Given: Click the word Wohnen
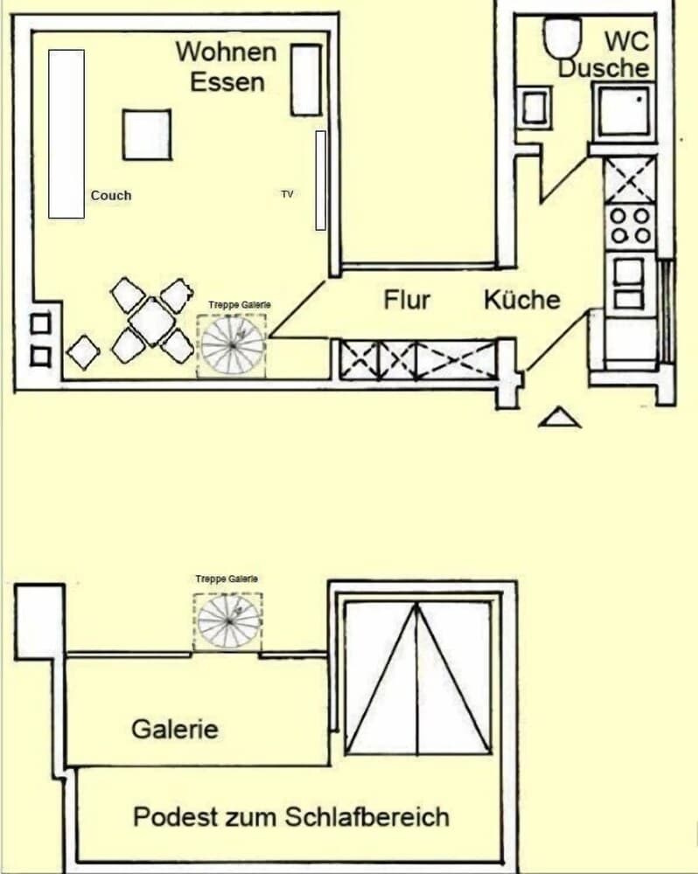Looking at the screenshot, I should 226,51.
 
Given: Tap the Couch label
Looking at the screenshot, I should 111,195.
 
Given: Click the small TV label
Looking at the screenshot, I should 287,193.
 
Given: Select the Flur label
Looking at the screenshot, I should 407,300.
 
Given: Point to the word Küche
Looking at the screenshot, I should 522,300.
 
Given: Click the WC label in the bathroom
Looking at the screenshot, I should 627,40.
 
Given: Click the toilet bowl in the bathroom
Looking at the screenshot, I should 562,37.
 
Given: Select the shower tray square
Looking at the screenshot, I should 624,111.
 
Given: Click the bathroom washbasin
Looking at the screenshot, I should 534,107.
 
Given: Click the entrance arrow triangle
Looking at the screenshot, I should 560,419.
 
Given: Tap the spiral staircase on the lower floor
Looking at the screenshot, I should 232,344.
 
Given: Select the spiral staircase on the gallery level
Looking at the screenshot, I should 228,621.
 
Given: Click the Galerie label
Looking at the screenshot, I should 174,728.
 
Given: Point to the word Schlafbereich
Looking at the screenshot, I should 366,817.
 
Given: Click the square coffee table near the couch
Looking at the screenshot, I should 146,135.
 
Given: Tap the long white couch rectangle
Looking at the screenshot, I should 66,133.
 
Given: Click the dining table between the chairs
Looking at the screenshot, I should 152,321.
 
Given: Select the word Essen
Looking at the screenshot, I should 227,82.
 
